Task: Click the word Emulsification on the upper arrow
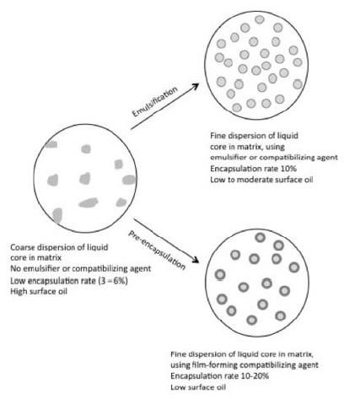155,101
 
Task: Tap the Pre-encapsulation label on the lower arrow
157,251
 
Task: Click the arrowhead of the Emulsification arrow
195,86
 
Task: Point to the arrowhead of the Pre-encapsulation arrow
195,260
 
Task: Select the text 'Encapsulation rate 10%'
253,169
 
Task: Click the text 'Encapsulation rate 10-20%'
219,376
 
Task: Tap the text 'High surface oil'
39,291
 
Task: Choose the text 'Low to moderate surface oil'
261,180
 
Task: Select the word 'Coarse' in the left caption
23,247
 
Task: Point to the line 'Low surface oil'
198,387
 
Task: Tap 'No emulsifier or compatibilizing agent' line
81,268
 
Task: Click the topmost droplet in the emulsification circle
260,19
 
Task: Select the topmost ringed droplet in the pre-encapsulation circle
261,238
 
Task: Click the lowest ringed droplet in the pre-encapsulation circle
251,320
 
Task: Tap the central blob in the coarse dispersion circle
85,178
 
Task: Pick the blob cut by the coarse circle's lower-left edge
57,215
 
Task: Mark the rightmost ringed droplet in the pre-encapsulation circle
294,267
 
